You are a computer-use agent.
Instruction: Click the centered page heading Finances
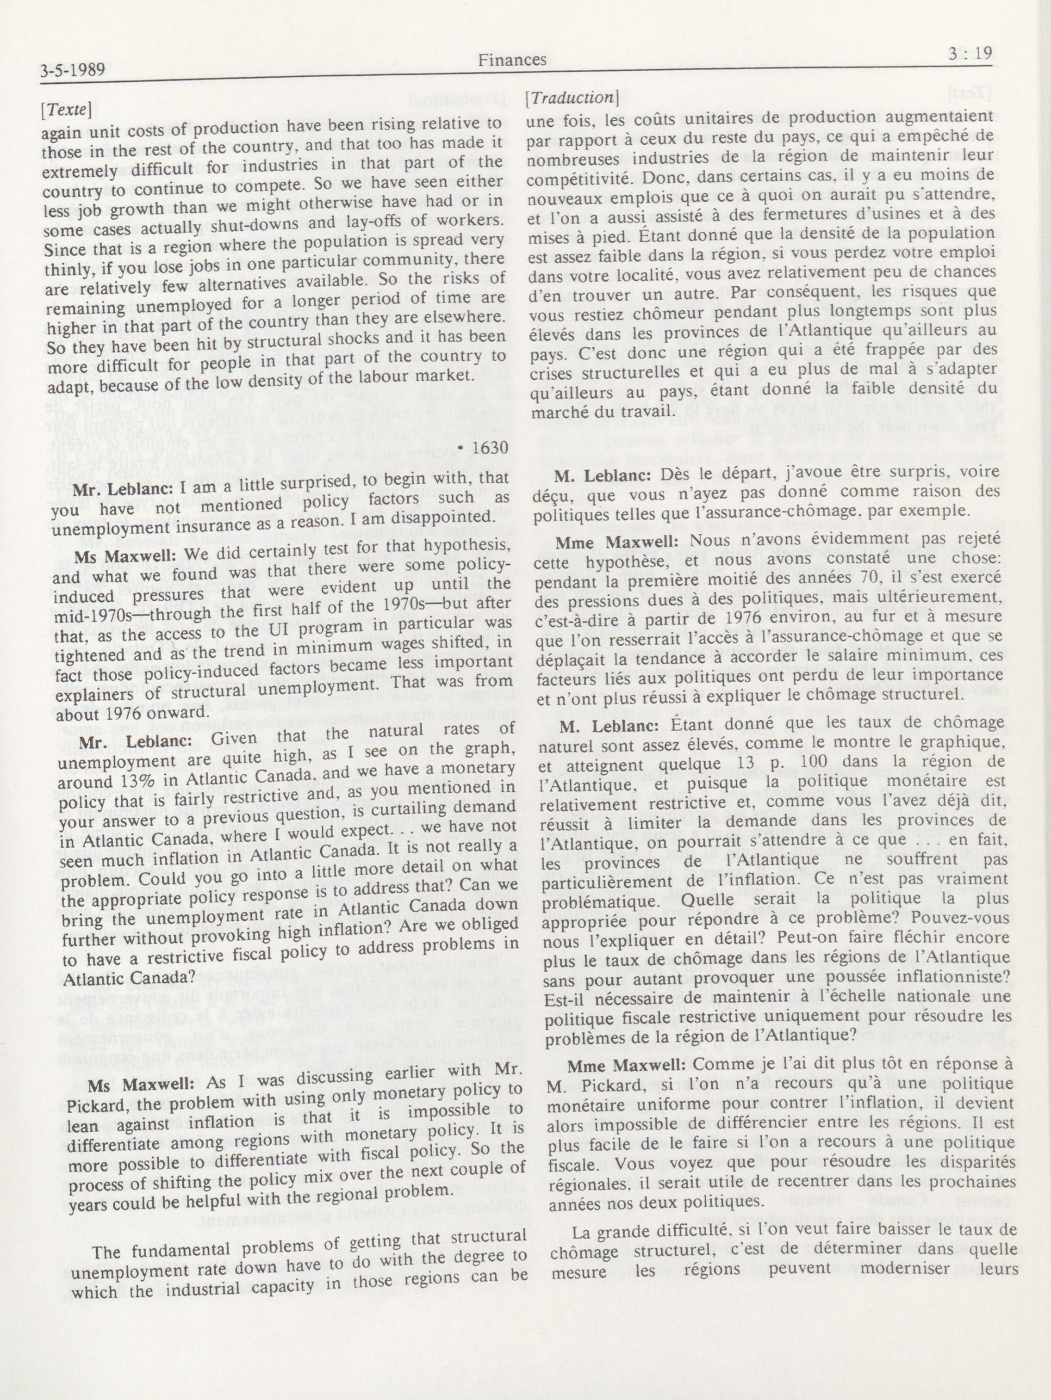click(x=512, y=60)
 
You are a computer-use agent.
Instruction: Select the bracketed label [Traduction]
click(x=571, y=98)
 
